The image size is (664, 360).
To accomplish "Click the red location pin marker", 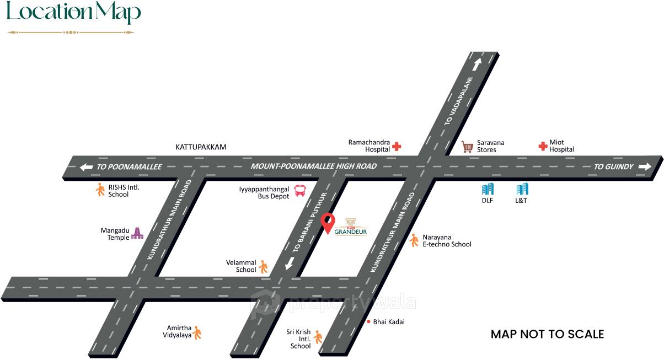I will tap(328, 223).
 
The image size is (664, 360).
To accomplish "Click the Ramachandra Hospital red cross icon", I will tap(397, 147).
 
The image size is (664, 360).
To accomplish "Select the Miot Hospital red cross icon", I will tap(543, 146).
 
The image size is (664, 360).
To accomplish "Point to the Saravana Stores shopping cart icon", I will tap(468, 147).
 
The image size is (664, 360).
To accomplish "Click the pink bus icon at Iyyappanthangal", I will tap(301, 191).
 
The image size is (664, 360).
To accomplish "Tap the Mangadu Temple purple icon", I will tap(137, 234).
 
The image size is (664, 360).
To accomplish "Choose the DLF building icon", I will tap(488, 189).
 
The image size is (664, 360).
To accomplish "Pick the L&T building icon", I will tap(522, 189).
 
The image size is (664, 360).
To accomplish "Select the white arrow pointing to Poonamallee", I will tap(86, 167).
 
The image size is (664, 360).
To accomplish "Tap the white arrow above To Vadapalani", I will tap(476, 64).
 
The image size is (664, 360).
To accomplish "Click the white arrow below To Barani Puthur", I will tap(289, 265).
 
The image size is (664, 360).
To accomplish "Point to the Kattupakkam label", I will tap(201, 147).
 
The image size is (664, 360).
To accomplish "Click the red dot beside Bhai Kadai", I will tap(368, 321).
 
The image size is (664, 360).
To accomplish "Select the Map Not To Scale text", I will tap(547, 334).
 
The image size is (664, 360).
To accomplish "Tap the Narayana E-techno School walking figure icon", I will tap(414, 240).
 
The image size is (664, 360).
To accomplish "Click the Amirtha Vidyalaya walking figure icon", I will tap(197, 332).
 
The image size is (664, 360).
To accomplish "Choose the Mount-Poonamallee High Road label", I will tap(313, 166).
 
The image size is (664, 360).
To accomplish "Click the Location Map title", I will tap(73, 13).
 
